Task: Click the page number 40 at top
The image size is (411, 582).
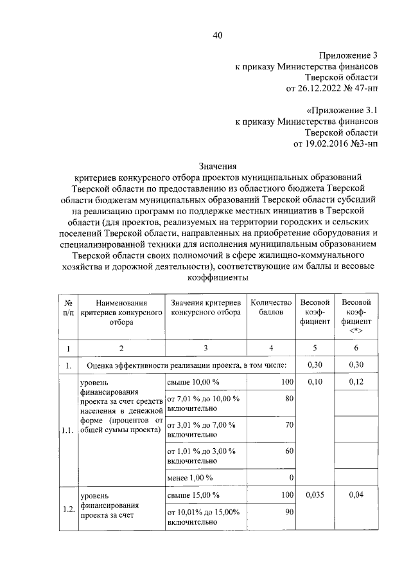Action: (x=217, y=36)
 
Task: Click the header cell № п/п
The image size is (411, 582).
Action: (x=67, y=307)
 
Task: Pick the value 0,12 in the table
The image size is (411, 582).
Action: (x=356, y=383)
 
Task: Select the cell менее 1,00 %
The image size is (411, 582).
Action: (x=189, y=478)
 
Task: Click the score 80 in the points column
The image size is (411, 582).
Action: (x=288, y=399)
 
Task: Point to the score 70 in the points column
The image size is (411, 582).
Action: (x=288, y=425)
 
